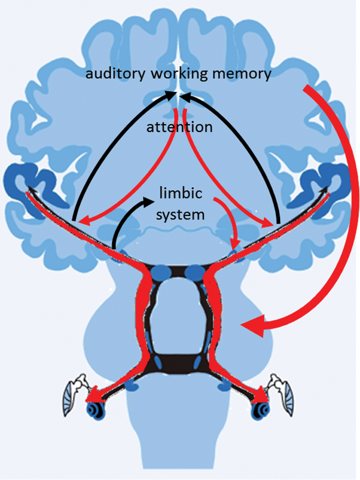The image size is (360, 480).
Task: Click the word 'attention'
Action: (179, 127)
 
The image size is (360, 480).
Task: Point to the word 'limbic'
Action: (180, 193)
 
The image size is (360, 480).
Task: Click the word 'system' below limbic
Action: (180, 214)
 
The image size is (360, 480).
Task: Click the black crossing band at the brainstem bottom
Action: (177, 362)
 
